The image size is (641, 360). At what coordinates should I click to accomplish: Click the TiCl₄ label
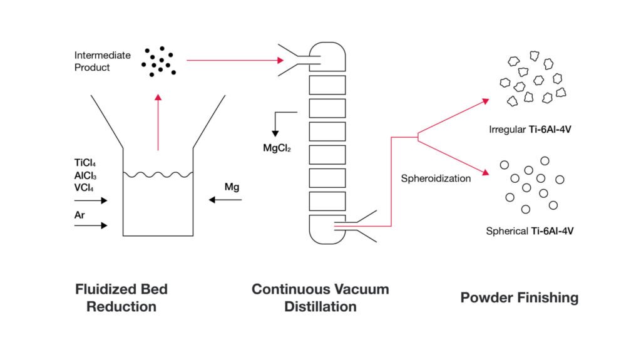(x=85, y=163)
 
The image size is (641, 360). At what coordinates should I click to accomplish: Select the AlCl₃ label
(x=85, y=175)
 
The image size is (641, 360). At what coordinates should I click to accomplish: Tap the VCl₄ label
(x=84, y=188)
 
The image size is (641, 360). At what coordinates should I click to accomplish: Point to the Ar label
(x=79, y=215)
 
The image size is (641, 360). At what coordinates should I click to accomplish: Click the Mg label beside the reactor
(x=232, y=187)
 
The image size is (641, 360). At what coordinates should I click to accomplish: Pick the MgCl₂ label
(x=277, y=148)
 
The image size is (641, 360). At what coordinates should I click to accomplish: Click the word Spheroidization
(x=436, y=179)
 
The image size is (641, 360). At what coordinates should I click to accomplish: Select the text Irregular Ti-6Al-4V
(x=530, y=130)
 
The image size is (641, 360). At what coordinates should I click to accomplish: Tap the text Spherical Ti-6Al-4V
(x=530, y=231)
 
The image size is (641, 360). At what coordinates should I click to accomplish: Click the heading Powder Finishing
(x=520, y=297)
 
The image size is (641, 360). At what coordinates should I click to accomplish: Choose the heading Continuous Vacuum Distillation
(x=320, y=298)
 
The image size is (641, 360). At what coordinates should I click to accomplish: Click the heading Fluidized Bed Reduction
(x=121, y=298)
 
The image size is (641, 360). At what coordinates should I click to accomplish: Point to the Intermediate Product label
(x=103, y=61)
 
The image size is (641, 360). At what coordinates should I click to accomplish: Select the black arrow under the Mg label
(x=225, y=200)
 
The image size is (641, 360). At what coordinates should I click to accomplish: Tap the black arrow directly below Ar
(x=91, y=225)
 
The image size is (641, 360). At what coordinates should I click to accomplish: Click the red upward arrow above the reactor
(x=158, y=122)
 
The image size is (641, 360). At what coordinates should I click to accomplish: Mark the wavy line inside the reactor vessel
(x=158, y=175)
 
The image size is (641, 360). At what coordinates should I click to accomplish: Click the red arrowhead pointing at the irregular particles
(x=486, y=101)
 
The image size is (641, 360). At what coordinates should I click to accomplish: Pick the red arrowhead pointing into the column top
(x=280, y=61)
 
